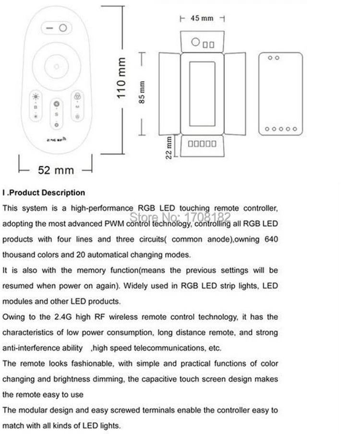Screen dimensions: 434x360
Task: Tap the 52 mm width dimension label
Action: click(56, 169)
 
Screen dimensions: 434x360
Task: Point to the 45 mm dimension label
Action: click(202, 18)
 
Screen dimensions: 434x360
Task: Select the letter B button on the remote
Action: click(35, 107)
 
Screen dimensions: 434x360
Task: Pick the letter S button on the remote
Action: click(56, 114)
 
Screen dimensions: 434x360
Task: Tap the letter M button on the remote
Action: click(77, 107)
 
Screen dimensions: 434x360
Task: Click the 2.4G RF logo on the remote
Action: click(56, 143)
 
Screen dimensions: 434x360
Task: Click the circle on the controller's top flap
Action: click(195, 42)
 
